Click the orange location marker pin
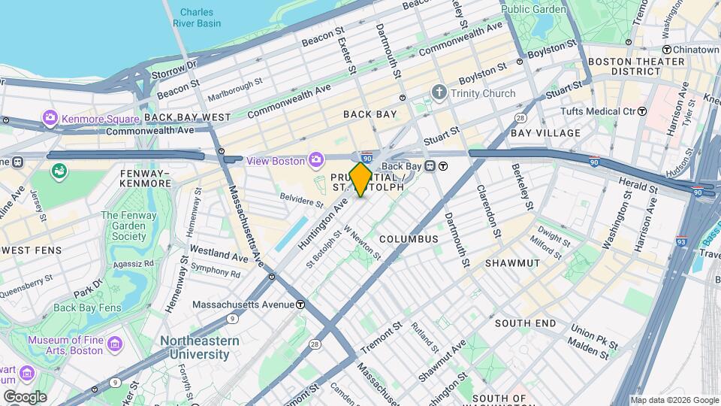pyautogui.click(x=361, y=179)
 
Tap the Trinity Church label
pyautogui.click(x=483, y=94)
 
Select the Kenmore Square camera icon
pyautogui.click(x=50, y=118)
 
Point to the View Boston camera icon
pyautogui.click(x=317, y=159)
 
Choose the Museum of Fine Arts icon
pyautogui.click(x=114, y=344)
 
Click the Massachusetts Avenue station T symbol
pyautogui.click(x=300, y=304)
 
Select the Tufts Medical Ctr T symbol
pyautogui.click(x=642, y=111)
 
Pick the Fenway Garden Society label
pyautogui.click(x=128, y=226)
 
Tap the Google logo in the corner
pyautogui.click(x=24, y=397)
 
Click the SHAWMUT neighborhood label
pyautogui.click(x=512, y=263)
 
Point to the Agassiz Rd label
pyautogui.click(x=133, y=263)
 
